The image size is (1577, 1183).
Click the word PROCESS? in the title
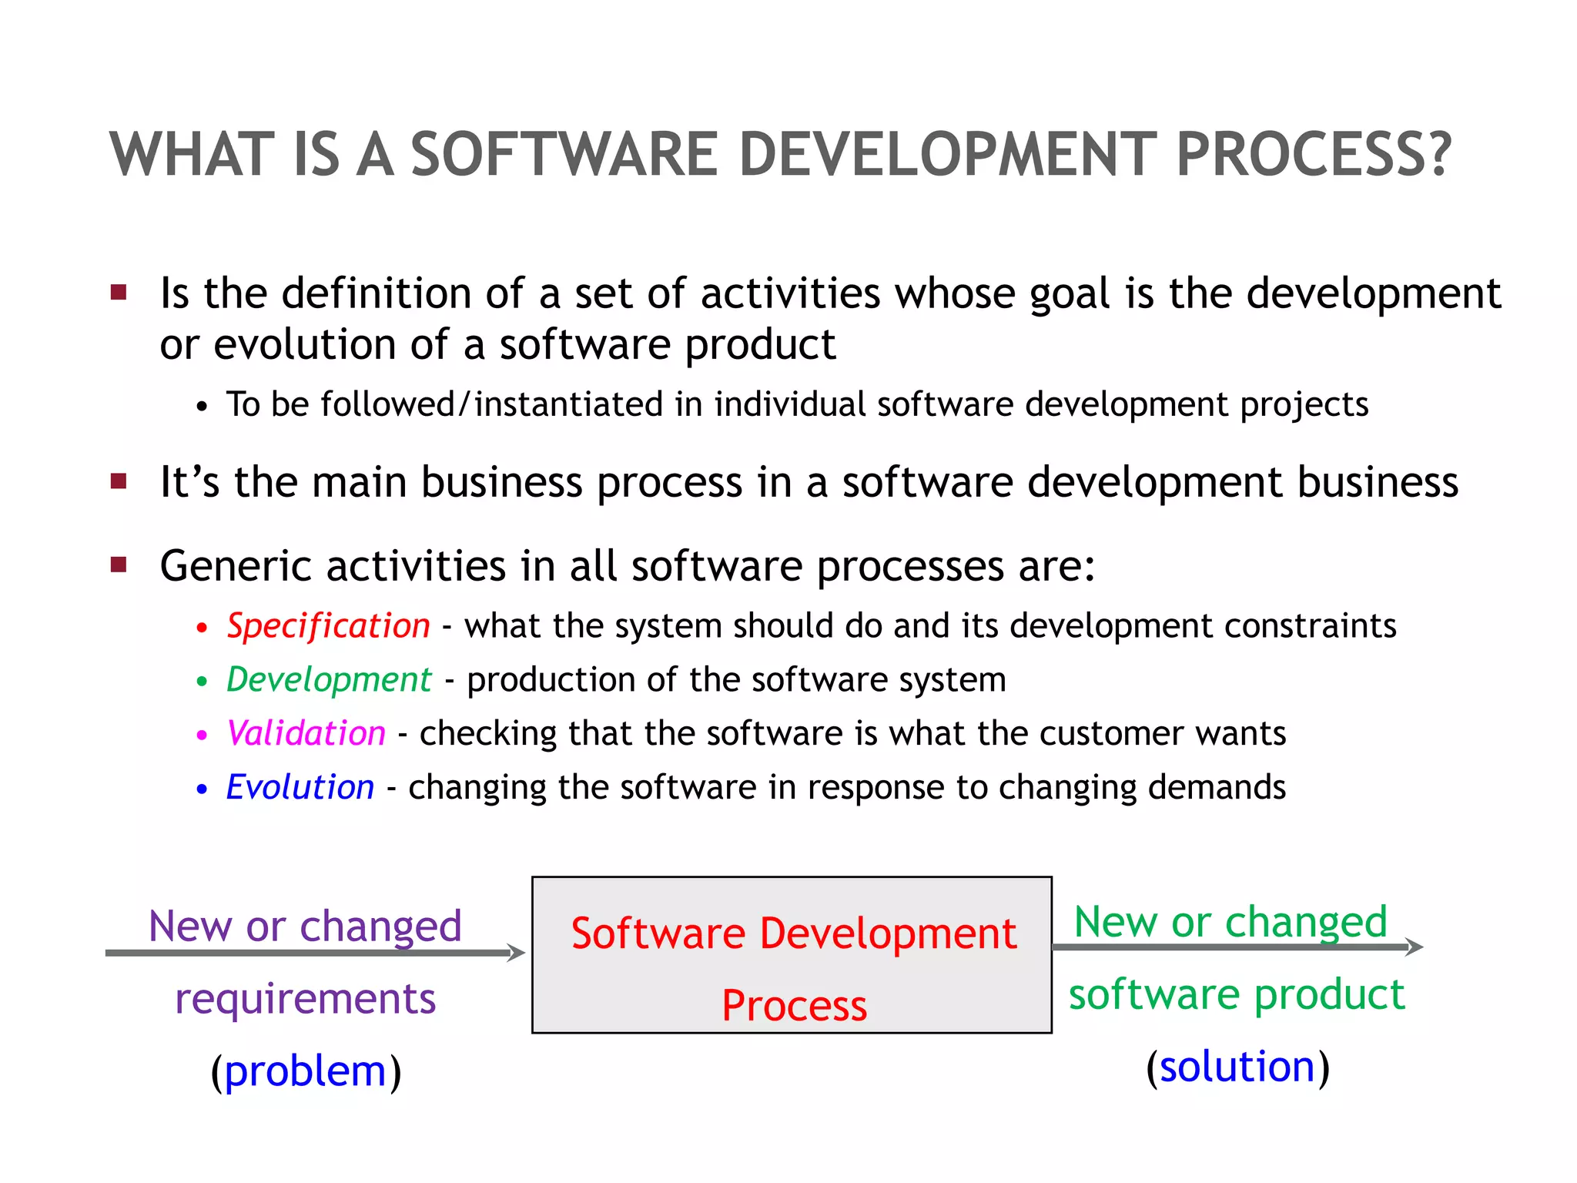click(1314, 155)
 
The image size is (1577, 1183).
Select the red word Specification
click(328, 625)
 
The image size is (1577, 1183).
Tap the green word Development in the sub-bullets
click(329, 679)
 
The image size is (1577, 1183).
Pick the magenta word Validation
click(306, 733)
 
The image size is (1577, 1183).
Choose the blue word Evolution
click(300, 787)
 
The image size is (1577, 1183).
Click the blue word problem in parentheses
click(305, 1071)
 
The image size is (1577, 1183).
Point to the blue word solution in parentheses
click(1237, 1067)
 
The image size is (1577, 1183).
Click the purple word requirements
click(305, 999)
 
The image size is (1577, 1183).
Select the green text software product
click(1237, 994)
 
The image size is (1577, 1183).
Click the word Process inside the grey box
click(794, 1006)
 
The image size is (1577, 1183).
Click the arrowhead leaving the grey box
click(1415, 947)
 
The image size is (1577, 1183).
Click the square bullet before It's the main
click(119, 482)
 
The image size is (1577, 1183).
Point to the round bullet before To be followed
click(202, 407)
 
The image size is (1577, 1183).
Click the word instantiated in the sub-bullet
click(568, 404)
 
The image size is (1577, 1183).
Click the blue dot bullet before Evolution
click(202, 789)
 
